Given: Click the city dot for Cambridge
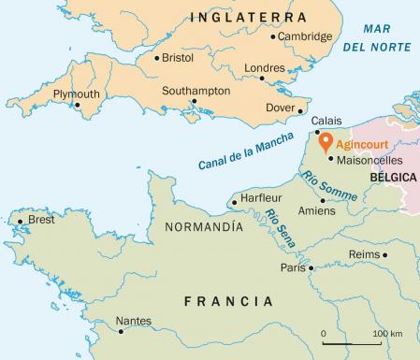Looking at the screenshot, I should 272,37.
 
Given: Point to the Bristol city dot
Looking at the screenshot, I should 155,57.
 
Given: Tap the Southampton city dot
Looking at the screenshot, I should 194,102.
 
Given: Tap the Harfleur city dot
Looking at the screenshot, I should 233,199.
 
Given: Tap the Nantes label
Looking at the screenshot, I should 133,321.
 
